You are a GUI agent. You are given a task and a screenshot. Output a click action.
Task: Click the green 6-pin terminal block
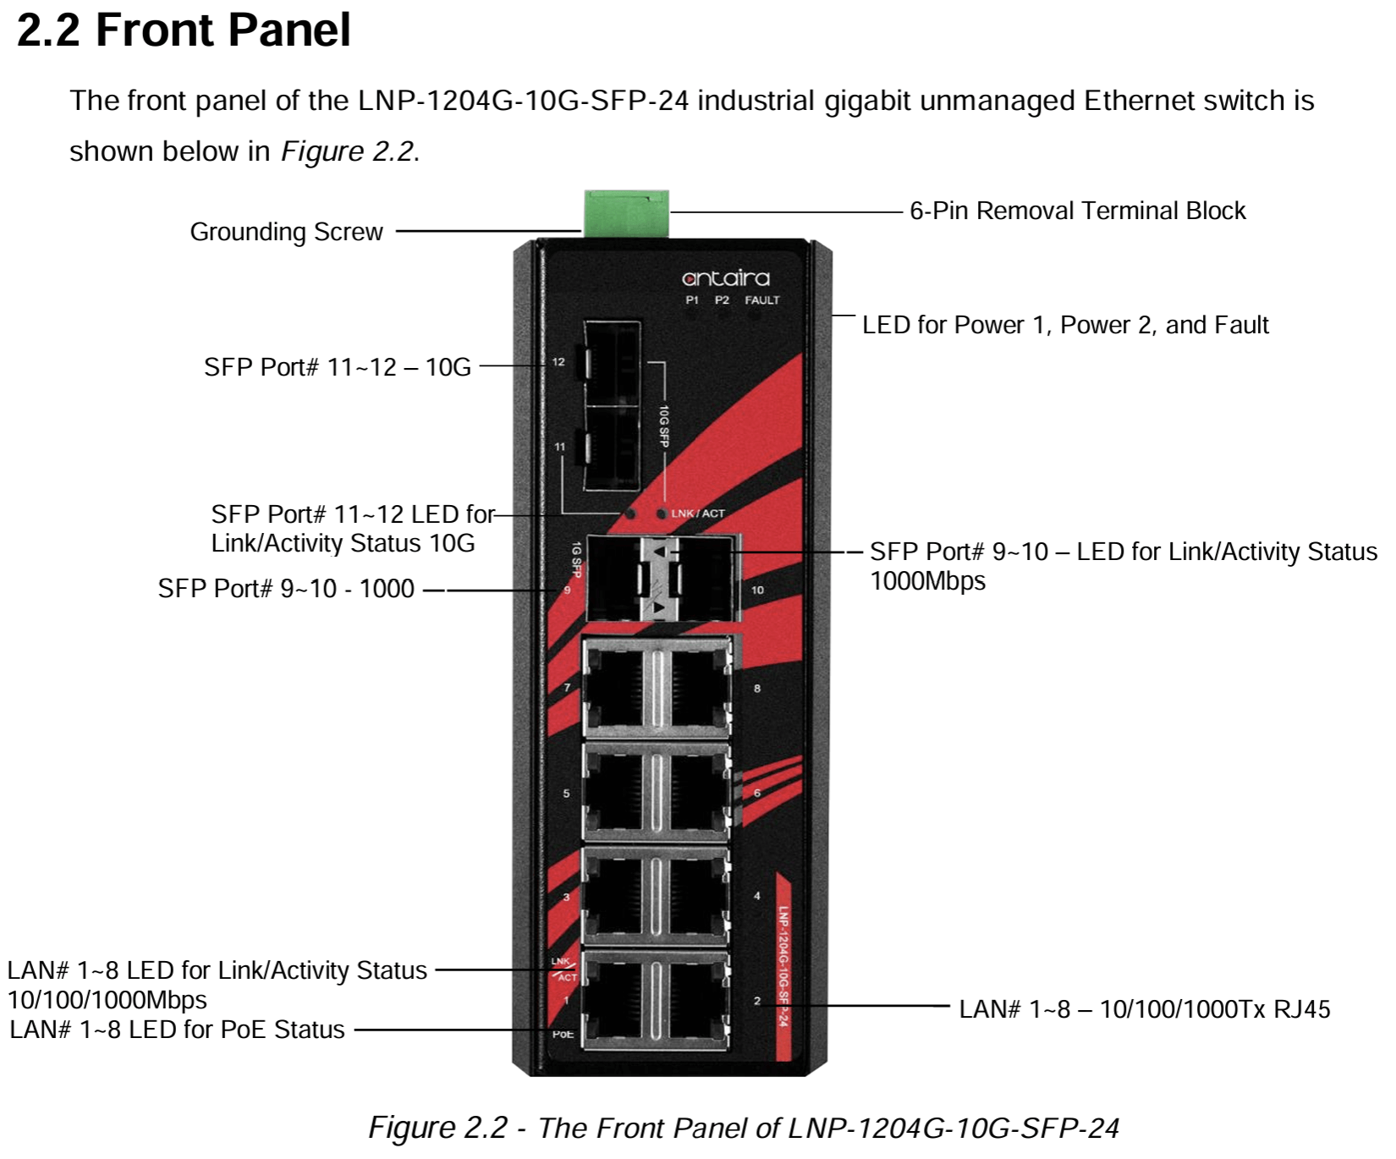point(626,213)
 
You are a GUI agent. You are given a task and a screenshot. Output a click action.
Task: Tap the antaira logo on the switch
point(726,277)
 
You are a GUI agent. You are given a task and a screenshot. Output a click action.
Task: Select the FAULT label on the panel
point(762,300)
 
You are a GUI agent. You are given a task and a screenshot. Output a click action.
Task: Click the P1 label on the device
point(692,300)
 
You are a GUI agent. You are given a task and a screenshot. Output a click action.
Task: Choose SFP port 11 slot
point(611,448)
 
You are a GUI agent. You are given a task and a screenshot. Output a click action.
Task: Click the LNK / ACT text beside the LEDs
point(698,514)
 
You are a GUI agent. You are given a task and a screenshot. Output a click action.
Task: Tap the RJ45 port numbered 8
point(695,686)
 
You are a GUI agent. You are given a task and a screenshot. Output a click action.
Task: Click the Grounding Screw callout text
point(286,232)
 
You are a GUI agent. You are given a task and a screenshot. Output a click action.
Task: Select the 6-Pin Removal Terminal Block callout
point(1077,211)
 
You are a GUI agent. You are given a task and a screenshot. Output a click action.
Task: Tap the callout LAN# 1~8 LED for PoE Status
point(177,1030)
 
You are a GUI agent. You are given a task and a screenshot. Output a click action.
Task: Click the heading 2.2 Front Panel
point(184,30)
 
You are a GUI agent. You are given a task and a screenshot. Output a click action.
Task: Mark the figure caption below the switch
point(744,1128)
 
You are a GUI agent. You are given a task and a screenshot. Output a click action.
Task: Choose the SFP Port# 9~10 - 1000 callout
point(286,589)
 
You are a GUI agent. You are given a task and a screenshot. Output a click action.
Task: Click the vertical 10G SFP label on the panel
point(664,426)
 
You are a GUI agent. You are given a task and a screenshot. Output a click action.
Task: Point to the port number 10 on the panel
point(757,590)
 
